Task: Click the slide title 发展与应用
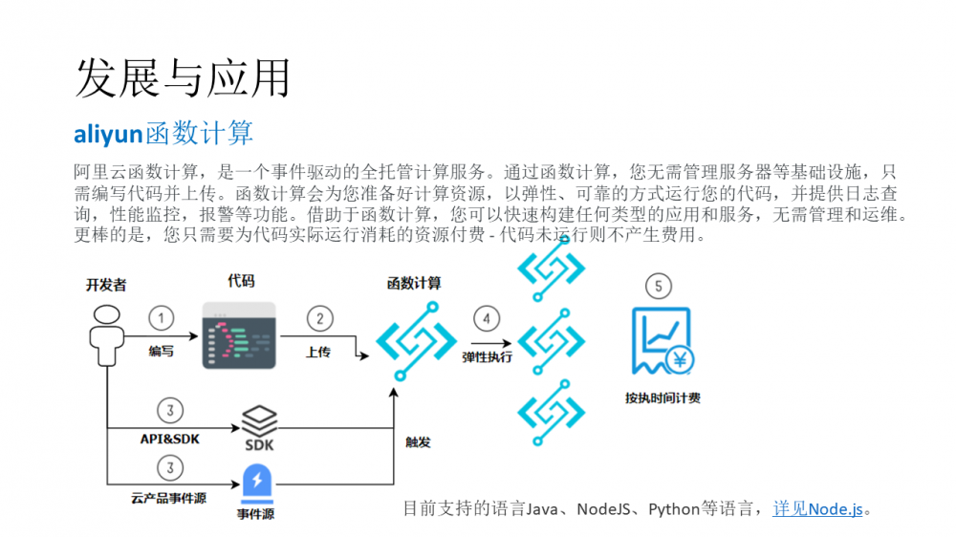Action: click(x=182, y=77)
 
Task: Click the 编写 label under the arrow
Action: click(x=162, y=352)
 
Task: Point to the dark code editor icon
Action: click(x=239, y=335)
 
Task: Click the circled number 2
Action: click(x=319, y=318)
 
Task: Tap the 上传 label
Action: click(x=318, y=352)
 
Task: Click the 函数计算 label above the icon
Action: click(x=414, y=284)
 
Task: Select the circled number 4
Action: click(x=486, y=318)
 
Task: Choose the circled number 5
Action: click(x=658, y=285)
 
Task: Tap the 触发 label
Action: click(x=418, y=442)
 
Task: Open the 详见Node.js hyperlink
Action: click(x=817, y=508)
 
